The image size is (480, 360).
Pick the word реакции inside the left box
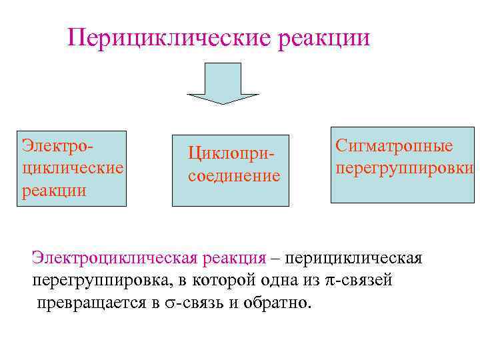(x=55, y=190)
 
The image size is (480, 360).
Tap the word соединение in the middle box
(x=234, y=177)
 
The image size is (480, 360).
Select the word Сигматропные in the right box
(x=394, y=145)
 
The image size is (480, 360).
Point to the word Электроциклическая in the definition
(x=113, y=258)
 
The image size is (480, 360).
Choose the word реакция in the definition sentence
(x=233, y=258)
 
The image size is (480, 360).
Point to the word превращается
(x=91, y=303)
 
